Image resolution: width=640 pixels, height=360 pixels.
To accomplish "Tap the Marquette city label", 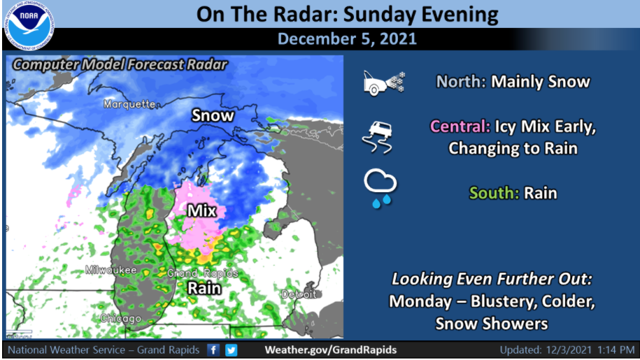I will tap(129, 104).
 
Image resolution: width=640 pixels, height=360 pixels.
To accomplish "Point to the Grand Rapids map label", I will tap(203, 273).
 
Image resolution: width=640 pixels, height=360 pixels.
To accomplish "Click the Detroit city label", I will tap(299, 294).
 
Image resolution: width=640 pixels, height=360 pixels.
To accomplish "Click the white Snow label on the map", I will tap(213, 115).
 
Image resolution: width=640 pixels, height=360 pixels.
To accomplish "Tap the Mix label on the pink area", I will tap(201, 210).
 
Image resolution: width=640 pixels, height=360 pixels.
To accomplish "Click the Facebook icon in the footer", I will tap(214, 350).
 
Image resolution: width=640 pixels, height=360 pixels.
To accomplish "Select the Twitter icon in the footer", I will tap(231, 350).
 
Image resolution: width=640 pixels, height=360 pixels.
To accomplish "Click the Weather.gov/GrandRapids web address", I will tap(330, 350).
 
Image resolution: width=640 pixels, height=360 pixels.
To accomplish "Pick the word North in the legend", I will tap(461, 82).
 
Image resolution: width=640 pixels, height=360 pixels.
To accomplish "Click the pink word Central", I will tap(459, 127).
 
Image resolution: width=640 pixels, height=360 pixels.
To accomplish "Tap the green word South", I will tap(494, 192).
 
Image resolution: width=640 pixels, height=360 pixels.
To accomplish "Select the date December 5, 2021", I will tap(347, 38).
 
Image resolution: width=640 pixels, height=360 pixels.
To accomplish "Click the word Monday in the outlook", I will tap(418, 301).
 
